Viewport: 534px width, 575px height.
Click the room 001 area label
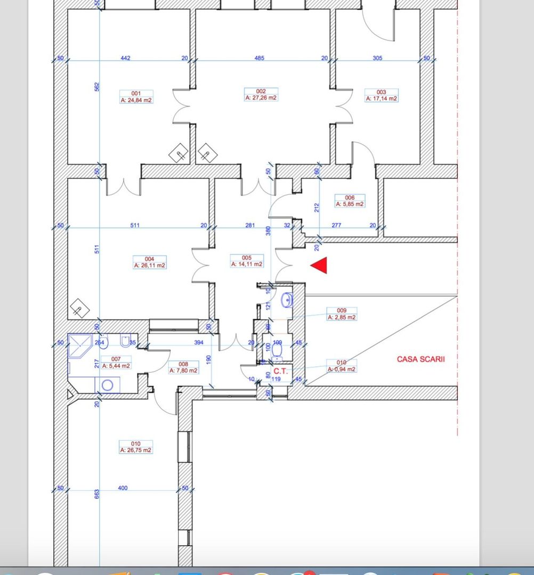[136, 96]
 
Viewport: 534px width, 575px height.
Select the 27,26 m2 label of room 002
[261, 95]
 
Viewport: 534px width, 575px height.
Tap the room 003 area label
[381, 95]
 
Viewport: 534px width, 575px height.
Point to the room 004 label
[149, 262]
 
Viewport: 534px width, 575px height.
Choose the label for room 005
[247, 261]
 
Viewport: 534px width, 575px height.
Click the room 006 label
[350, 201]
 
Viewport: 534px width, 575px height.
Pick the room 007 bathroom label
[116, 363]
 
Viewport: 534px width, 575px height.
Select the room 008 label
[183, 367]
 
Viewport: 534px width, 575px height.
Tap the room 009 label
[342, 314]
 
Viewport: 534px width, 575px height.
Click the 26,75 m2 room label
[136, 447]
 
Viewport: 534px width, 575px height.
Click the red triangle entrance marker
[319, 266]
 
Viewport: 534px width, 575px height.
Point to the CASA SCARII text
[420, 359]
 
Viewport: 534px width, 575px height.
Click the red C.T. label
[280, 371]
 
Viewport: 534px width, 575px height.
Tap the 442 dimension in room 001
[126, 58]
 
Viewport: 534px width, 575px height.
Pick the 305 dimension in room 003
[377, 58]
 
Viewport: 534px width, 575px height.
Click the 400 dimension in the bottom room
[123, 488]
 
